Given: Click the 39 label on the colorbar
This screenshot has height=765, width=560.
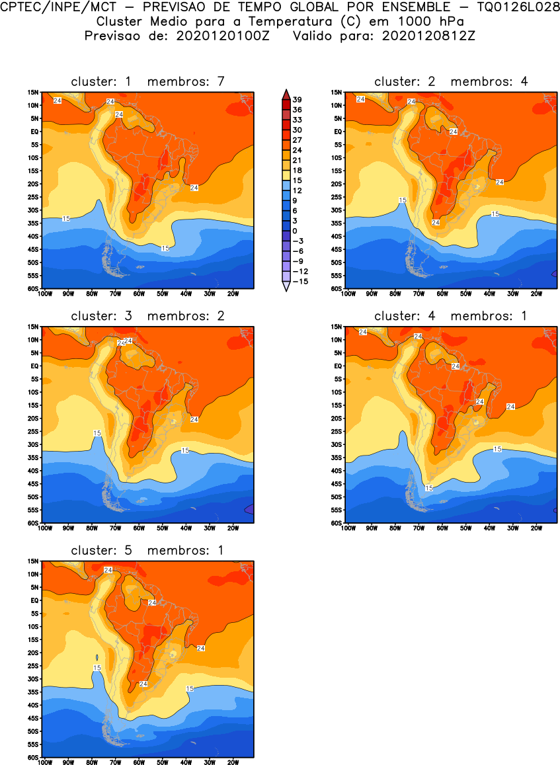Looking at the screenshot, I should pos(297,99).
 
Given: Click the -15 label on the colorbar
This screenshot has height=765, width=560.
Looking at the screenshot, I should pos(299,281).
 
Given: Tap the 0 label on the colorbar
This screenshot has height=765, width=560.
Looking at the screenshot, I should pos(295,231).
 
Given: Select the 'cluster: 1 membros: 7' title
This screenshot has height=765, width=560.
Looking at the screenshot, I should pos(148,81).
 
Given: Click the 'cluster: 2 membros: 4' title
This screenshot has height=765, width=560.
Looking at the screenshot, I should pos(451,81).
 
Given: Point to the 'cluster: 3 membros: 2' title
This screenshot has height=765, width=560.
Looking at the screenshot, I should pos(148,316).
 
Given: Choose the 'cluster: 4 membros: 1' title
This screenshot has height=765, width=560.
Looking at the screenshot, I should pos(451,316).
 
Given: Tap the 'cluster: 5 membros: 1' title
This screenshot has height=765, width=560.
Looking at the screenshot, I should pos(148,550).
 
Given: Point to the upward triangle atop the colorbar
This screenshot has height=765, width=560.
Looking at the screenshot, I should pos(285,93).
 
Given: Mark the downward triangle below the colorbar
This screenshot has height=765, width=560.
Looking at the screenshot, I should pos(285,287).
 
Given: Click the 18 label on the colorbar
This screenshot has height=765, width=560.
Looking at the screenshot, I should pos(296,170).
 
